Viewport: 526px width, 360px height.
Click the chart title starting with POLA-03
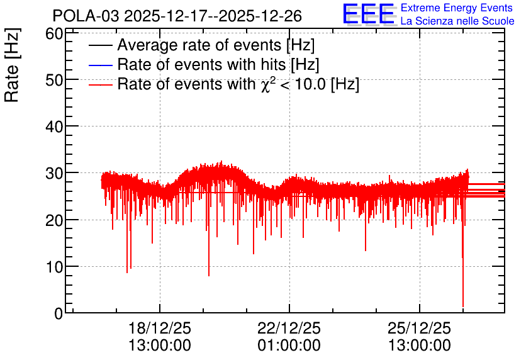coord(177,16)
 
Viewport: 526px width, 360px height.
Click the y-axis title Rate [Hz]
coord(12,65)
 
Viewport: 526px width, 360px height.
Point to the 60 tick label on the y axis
coord(54,33)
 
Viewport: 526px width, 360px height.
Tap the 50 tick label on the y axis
coord(54,80)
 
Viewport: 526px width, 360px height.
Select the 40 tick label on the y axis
coord(54,127)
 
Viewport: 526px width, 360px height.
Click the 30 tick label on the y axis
coord(54,174)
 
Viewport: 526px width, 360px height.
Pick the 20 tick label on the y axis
coord(54,220)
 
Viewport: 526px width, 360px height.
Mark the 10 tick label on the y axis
coord(54,267)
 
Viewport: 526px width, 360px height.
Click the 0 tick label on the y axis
coord(59,313)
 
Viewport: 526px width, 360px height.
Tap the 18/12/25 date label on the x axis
coord(160,328)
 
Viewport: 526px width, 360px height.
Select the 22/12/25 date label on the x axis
coord(289,328)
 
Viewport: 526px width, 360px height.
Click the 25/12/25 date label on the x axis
coord(419,328)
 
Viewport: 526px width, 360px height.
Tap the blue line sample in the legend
coord(100,65)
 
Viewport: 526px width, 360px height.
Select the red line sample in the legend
coord(100,85)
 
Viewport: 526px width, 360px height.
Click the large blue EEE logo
coord(368,14)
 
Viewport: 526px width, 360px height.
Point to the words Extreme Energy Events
coord(457,8)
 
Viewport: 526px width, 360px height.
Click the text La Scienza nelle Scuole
coord(457,21)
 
